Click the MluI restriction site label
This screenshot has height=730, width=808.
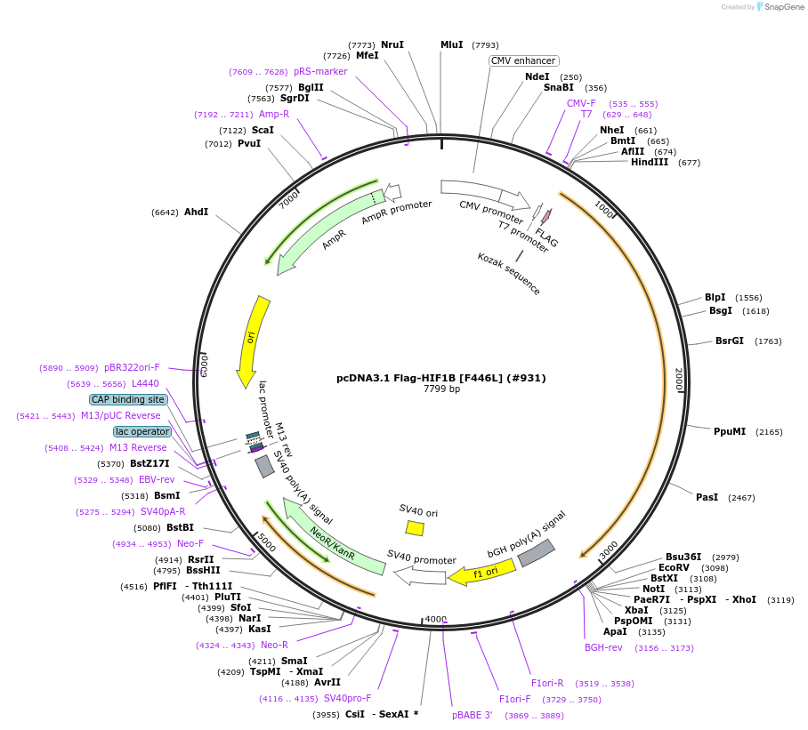point(451,44)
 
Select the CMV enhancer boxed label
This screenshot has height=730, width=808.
point(524,60)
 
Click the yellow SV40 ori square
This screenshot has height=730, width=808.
point(415,528)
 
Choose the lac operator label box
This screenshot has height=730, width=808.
point(141,431)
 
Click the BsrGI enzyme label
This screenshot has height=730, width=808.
point(730,341)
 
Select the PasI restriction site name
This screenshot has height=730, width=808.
point(707,497)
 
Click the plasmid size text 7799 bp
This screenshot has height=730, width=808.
point(441,389)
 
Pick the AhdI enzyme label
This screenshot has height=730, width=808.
point(196,212)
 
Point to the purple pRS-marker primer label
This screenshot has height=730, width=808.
point(320,71)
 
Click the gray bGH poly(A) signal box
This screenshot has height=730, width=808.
point(537,552)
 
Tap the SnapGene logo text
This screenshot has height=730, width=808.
point(784,6)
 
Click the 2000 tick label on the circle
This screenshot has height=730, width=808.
point(679,380)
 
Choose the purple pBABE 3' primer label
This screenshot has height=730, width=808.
point(472,715)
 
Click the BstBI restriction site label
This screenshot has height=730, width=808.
point(180,527)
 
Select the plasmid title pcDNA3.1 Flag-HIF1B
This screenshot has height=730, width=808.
point(441,377)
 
